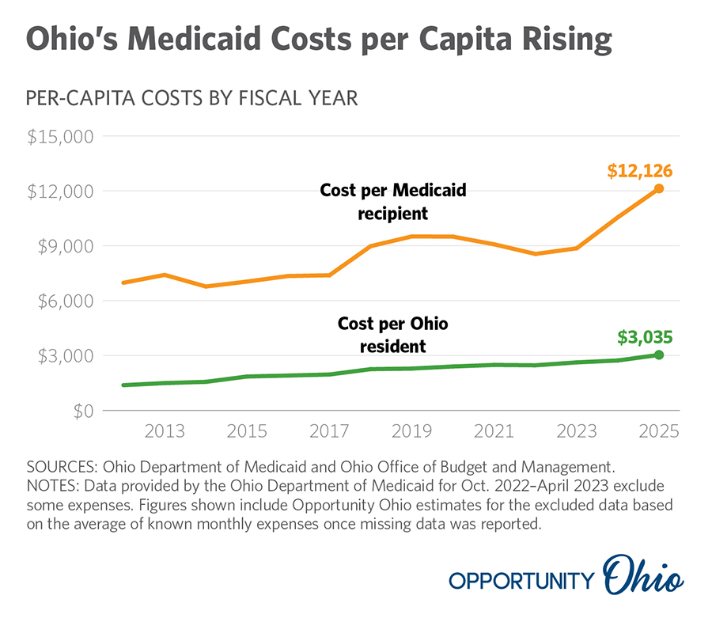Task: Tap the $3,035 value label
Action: [645, 337]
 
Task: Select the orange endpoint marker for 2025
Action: [659, 188]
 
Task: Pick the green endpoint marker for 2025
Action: [659, 355]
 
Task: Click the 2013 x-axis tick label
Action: [165, 432]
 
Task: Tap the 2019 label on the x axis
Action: [411, 432]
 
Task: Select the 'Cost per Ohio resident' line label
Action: [393, 334]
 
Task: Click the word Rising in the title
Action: [559, 40]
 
